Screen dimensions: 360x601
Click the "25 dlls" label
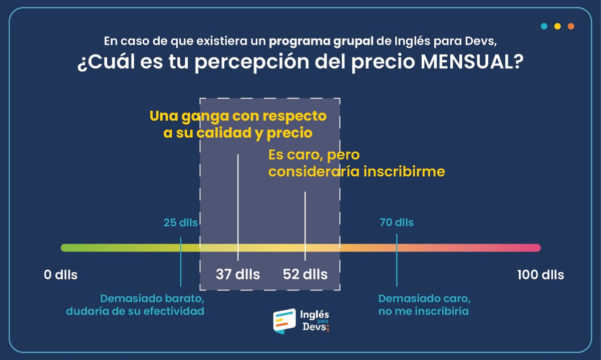(180, 222)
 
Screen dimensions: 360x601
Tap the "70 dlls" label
(397, 222)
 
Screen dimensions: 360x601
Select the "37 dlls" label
(238, 274)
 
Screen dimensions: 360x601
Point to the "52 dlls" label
(305, 274)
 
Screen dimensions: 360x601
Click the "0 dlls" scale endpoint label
(61, 275)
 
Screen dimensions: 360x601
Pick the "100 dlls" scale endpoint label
(540, 275)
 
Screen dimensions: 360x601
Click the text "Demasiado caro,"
(424, 298)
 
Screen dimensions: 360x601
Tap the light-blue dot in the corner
(544, 26)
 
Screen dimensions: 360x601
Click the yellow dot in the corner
(557, 26)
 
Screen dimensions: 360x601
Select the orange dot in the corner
(571, 26)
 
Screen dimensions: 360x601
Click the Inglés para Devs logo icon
(284, 321)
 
